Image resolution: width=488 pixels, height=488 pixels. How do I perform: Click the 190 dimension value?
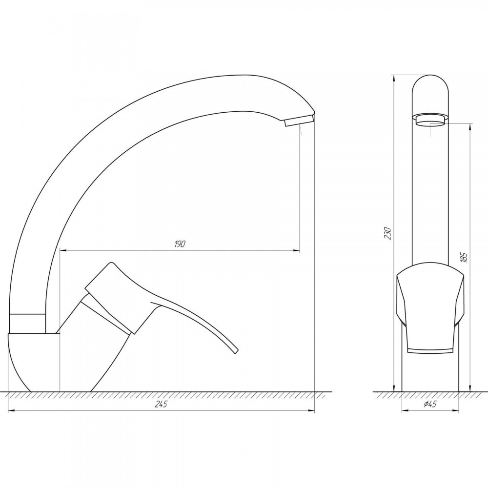180,244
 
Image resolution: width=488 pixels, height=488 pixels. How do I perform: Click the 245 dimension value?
161,404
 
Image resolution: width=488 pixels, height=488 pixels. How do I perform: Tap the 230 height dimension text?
387,233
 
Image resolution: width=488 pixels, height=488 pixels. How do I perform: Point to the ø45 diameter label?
430,404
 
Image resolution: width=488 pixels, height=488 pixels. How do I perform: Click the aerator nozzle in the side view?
299,120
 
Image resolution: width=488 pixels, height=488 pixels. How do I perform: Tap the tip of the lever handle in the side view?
236,351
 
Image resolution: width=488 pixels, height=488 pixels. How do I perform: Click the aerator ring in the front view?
430,120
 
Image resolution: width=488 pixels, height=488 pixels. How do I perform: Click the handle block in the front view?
430,308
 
